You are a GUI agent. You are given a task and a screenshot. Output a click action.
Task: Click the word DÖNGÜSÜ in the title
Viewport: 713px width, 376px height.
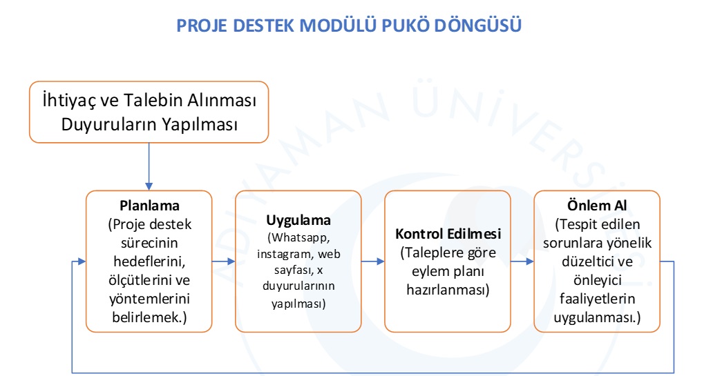pos(478,25)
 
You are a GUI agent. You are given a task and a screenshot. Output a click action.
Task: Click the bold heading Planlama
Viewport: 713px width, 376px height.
pos(149,206)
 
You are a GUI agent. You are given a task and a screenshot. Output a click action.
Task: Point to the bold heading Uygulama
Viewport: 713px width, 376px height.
pos(298,220)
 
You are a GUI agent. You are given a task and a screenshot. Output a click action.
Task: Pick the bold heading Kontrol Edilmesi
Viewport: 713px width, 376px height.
pos(448,234)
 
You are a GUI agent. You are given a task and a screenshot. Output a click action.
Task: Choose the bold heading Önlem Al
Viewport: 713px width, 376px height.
pos(597,206)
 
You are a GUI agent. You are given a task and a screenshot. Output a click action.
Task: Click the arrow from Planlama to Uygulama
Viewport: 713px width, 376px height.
pos(223,261)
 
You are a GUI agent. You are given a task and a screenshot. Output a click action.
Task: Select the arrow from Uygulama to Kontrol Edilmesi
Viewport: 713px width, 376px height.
pos(373,261)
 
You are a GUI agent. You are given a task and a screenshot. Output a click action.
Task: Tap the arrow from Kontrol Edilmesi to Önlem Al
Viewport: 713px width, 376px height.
pos(522,261)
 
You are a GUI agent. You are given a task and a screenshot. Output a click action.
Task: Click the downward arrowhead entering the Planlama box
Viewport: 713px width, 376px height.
pos(149,187)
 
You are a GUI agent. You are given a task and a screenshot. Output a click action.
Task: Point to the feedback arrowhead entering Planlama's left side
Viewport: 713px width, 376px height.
pos(82,261)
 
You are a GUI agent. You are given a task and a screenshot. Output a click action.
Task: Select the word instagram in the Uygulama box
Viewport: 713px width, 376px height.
pos(285,254)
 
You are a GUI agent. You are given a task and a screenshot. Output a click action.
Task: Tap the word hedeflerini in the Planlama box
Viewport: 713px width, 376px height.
pos(149,261)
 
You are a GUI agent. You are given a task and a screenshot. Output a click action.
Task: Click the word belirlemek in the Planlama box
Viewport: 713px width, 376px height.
pos(146,317)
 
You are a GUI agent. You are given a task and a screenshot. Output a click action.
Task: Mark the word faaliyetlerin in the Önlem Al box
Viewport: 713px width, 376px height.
pos(597,299)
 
